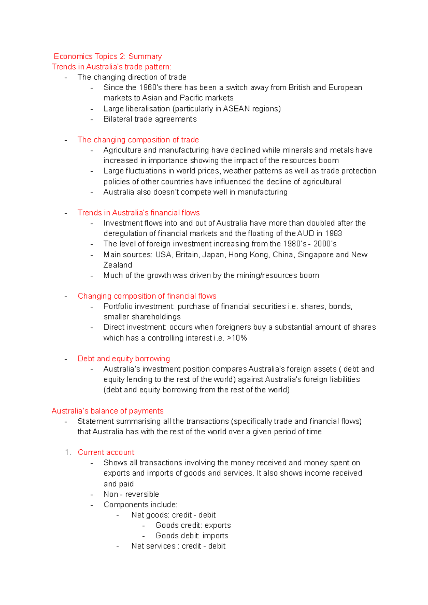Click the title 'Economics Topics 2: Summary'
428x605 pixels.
(x=108, y=56)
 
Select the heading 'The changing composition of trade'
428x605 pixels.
(x=138, y=140)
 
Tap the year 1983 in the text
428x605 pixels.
(x=333, y=233)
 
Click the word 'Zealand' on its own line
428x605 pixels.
(x=118, y=265)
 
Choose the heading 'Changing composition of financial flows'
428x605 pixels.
(x=147, y=296)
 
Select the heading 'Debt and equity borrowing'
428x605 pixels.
(x=124, y=359)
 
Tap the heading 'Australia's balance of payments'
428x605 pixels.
(x=107, y=411)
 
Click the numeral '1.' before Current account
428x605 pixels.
(x=68, y=453)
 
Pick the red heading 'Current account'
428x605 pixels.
(x=106, y=453)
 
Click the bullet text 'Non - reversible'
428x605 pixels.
(x=131, y=494)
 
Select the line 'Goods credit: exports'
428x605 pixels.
(x=193, y=525)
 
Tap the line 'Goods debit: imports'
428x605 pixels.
(x=192, y=536)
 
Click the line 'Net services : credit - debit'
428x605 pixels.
(x=178, y=546)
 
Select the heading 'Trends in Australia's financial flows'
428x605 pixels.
(x=138, y=213)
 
